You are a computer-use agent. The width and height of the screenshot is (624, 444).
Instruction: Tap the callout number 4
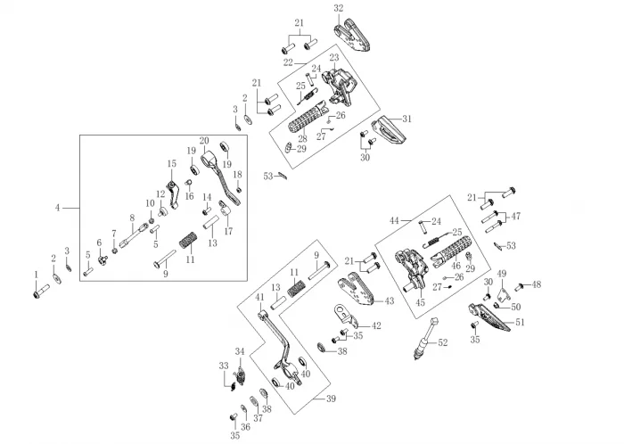pyautogui.click(x=58, y=208)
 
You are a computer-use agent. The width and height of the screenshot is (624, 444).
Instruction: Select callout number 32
pyautogui.click(x=338, y=8)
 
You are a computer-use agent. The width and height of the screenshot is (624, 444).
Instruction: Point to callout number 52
pyautogui.click(x=443, y=343)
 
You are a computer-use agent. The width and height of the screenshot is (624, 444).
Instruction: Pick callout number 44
pyautogui.click(x=393, y=220)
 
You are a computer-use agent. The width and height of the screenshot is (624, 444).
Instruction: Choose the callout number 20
pyautogui.click(x=204, y=141)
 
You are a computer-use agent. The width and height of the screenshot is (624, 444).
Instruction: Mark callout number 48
pyautogui.click(x=537, y=285)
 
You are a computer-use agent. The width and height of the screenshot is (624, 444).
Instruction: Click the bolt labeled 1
pyautogui.click(x=41, y=291)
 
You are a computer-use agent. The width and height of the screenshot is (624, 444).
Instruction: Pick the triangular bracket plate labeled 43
pyautogui.click(x=357, y=291)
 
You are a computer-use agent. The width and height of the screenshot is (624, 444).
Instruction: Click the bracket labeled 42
pyautogui.click(x=348, y=318)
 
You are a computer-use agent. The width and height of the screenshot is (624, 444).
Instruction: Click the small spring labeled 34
pyautogui.click(x=239, y=373)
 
